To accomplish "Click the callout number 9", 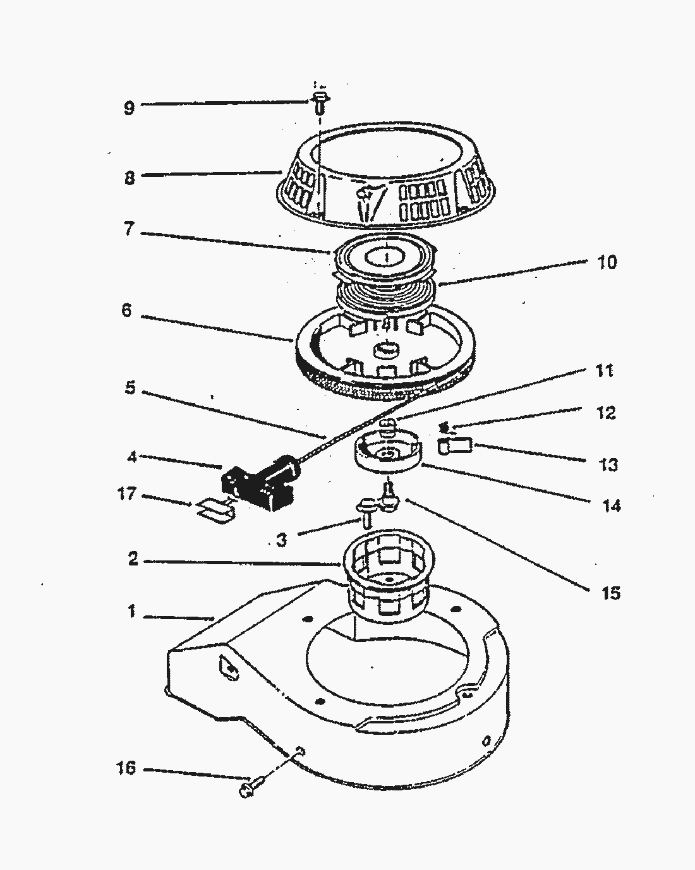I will (x=129, y=107).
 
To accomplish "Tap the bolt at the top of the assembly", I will (x=319, y=101).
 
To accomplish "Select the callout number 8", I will (x=129, y=178).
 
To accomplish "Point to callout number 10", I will (x=607, y=262).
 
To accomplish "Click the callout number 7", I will (x=129, y=228).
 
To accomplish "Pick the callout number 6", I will (x=127, y=311).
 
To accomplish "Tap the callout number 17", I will (x=127, y=493).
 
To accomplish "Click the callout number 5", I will (x=130, y=387).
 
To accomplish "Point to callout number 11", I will (x=605, y=370).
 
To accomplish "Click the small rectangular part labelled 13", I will (x=456, y=446).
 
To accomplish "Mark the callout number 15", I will (x=611, y=593).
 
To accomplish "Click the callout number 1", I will (x=131, y=612).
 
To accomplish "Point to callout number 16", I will (x=126, y=768).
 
